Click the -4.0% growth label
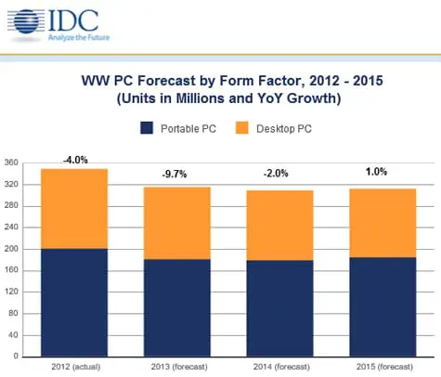[x=74, y=160]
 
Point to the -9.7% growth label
[x=177, y=175]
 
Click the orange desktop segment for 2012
[x=74, y=209]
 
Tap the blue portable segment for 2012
[x=74, y=302]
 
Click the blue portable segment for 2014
[x=279, y=307]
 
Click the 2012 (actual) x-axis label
[x=74, y=368]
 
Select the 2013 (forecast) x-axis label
[x=176, y=368]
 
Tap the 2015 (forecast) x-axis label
[x=381, y=368]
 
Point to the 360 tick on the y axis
[x=11, y=163]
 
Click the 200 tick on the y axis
[x=11, y=249]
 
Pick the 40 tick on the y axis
[x=13, y=334]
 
